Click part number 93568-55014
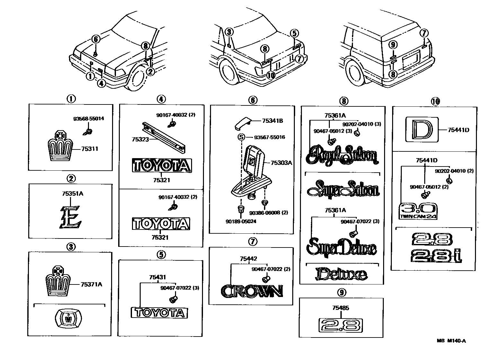click(x=89, y=119)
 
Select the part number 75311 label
click(x=89, y=149)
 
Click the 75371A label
click(x=92, y=284)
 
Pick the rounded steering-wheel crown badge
click(x=68, y=319)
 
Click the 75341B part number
click(x=272, y=121)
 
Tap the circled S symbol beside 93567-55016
click(x=241, y=137)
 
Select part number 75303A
click(x=281, y=163)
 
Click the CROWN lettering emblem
click(x=252, y=291)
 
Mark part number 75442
click(x=249, y=258)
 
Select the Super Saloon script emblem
click(x=343, y=190)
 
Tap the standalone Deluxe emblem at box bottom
click(x=341, y=274)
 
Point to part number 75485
click(x=341, y=308)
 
